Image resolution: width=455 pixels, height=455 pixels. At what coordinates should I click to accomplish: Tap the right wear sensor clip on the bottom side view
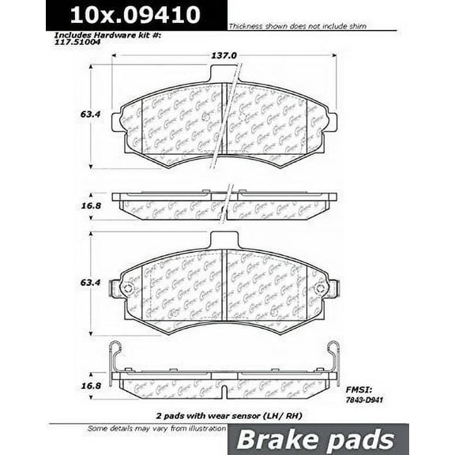[333, 355]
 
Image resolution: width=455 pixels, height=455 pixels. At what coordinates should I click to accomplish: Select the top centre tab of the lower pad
[224, 238]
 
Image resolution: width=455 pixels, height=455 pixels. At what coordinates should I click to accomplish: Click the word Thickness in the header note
[245, 26]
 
